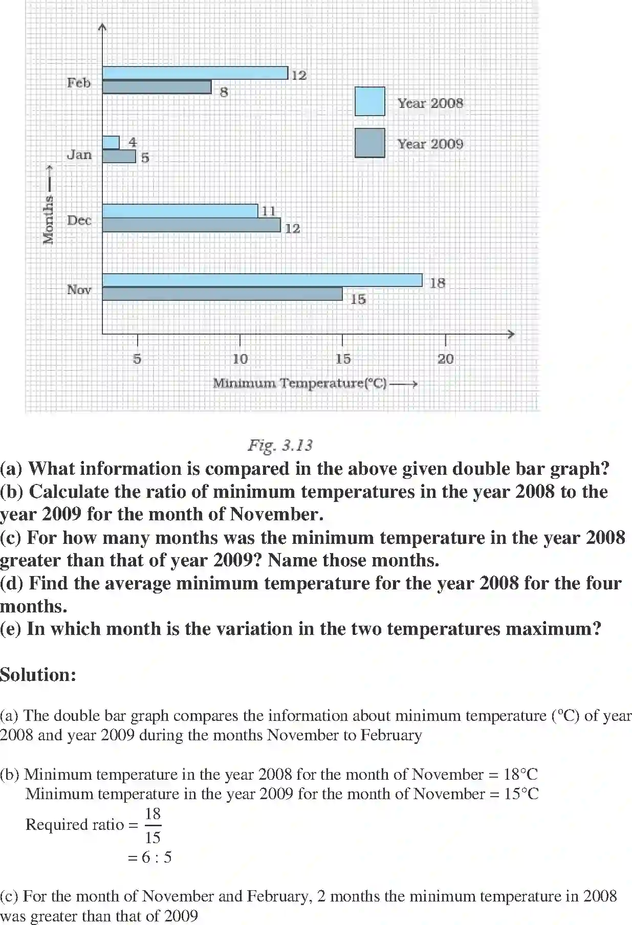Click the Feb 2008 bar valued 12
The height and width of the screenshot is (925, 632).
pyautogui.click(x=195, y=73)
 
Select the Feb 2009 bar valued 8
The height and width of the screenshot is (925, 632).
pyautogui.click(x=157, y=87)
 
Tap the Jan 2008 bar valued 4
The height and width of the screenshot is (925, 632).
pyautogui.click(x=111, y=142)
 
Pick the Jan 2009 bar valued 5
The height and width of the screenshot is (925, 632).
pyautogui.click(x=119, y=156)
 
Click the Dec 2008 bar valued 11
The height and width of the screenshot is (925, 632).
pyautogui.click(x=180, y=211)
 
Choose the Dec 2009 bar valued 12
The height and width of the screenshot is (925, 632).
pyautogui.click(x=191, y=225)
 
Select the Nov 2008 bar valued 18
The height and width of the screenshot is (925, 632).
pyautogui.click(x=262, y=280)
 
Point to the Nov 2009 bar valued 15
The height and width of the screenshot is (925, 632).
pyautogui.click(x=222, y=294)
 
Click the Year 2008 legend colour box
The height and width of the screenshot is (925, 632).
pyautogui.click(x=369, y=101)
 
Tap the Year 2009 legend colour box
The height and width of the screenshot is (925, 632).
pyautogui.click(x=369, y=143)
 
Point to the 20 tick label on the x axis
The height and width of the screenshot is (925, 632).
pyautogui.click(x=445, y=359)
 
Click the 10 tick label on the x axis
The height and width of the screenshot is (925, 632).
pyautogui.click(x=240, y=359)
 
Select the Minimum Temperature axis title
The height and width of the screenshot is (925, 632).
pyautogui.click(x=300, y=383)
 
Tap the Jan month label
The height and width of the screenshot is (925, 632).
pyautogui.click(x=79, y=155)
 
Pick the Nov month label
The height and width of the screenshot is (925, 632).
pyautogui.click(x=79, y=290)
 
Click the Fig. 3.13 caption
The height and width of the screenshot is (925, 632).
pyautogui.click(x=280, y=445)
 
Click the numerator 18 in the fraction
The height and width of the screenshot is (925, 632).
pyautogui.click(x=152, y=813)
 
